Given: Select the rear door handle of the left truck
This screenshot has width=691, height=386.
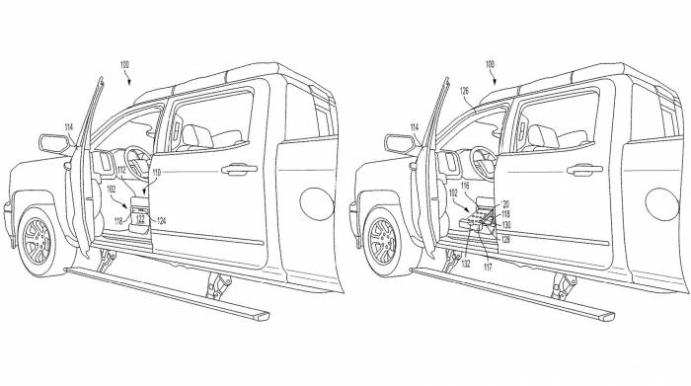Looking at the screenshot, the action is [237, 169].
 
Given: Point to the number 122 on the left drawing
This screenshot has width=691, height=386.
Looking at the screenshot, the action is [140, 219].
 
